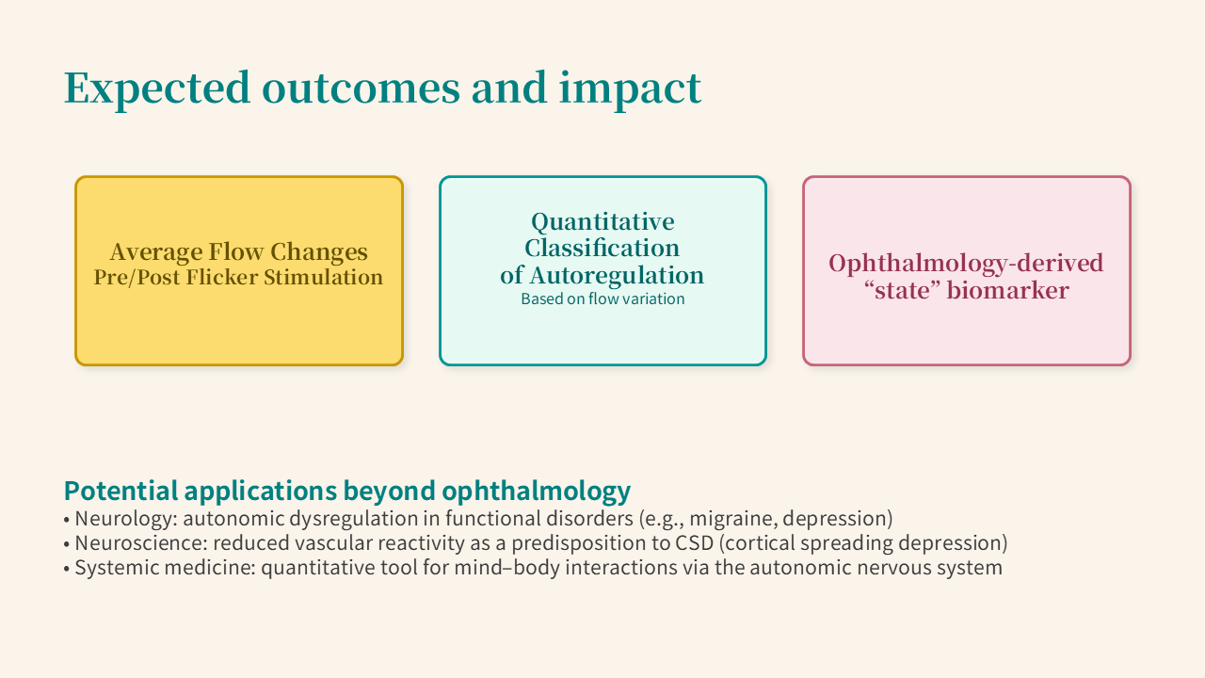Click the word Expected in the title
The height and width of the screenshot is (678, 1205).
157,89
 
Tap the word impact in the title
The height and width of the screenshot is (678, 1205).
630,89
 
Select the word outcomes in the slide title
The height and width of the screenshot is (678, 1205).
361,89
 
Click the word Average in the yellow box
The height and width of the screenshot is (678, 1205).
156,251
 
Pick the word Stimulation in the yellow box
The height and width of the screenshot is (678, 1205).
323,277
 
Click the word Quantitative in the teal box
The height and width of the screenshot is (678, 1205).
602,221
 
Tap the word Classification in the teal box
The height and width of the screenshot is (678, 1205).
602,248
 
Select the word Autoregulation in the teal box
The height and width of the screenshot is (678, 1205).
617,275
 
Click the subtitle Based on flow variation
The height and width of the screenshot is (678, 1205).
602,299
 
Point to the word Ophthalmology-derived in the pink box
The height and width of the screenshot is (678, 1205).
966,263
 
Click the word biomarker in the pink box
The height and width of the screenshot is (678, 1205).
1007,291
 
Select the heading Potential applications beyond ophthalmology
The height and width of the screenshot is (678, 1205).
347,491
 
